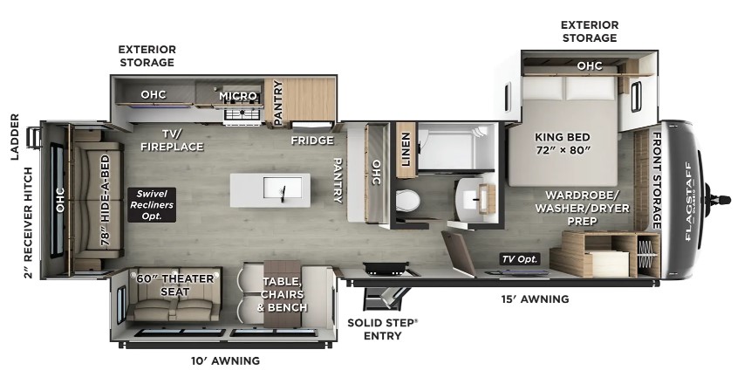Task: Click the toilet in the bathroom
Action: (x=407, y=201)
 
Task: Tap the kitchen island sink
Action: (x=283, y=188)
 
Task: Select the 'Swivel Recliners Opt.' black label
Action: (x=152, y=205)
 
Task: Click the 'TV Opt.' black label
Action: (x=520, y=259)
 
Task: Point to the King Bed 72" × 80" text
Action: (x=563, y=143)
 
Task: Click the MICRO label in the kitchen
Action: (x=238, y=96)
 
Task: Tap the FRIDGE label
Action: (x=312, y=141)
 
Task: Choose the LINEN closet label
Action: (x=406, y=149)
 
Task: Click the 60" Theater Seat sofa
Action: (x=174, y=294)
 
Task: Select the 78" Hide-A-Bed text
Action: (x=106, y=200)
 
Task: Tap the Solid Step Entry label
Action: (x=382, y=329)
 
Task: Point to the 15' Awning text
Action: (x=535, y=299)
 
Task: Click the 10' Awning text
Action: (x=226, y=360)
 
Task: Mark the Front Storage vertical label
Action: (x=656, y=181)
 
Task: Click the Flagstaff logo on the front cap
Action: (x=688, y=201)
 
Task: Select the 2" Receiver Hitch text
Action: (x=28, y=223)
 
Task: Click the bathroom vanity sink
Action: (x=475, y=196)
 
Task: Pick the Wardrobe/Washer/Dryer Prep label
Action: (x=582, y=208)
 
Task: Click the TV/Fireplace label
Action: (x=173, y=140)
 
